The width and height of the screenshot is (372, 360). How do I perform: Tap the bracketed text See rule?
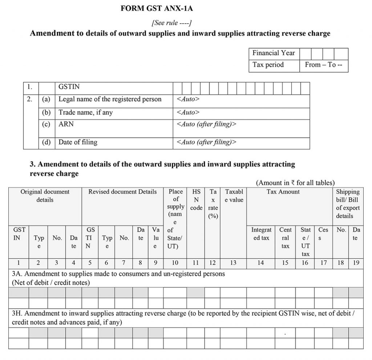(x=171, y=23)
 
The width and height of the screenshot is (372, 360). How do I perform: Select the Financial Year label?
(x=274, y=53)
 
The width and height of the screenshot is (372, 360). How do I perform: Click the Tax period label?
(x=268, y=65)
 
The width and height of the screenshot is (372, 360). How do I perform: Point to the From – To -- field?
(x=323, y=65)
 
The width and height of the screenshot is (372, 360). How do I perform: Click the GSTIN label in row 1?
(x=69, y=87)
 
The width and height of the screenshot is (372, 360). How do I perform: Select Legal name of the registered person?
(x=110, y=99)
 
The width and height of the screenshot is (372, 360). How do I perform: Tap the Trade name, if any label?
(x=86, y=113)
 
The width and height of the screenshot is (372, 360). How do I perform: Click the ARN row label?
(x=66, y=124)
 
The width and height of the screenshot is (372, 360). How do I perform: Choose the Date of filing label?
(x=78, y=142)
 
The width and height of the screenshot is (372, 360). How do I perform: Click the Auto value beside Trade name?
(x=188, y=113)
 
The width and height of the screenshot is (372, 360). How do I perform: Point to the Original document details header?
(x=45, y=196)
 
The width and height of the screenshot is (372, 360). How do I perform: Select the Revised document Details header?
(x=122, y=192)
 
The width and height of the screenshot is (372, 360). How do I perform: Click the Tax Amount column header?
(x=283, y=192)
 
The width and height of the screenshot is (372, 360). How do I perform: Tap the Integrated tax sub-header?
(x=261, y=234)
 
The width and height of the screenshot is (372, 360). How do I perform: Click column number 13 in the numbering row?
(x=233, y=263)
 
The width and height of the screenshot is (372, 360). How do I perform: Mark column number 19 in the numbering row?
(x=356, y=263)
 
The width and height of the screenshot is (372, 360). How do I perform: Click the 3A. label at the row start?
(x=17, y=274)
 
